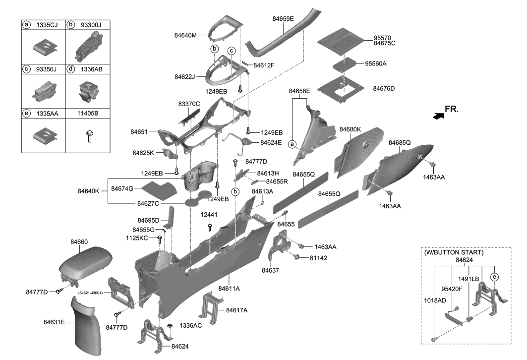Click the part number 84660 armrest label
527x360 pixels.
(x=79, y=241)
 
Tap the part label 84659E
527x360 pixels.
(x=283, y=19)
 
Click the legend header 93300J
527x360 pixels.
(x=94, y=24)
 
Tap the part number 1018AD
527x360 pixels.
(x=435, y=300)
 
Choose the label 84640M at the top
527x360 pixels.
(x=185, y=35)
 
